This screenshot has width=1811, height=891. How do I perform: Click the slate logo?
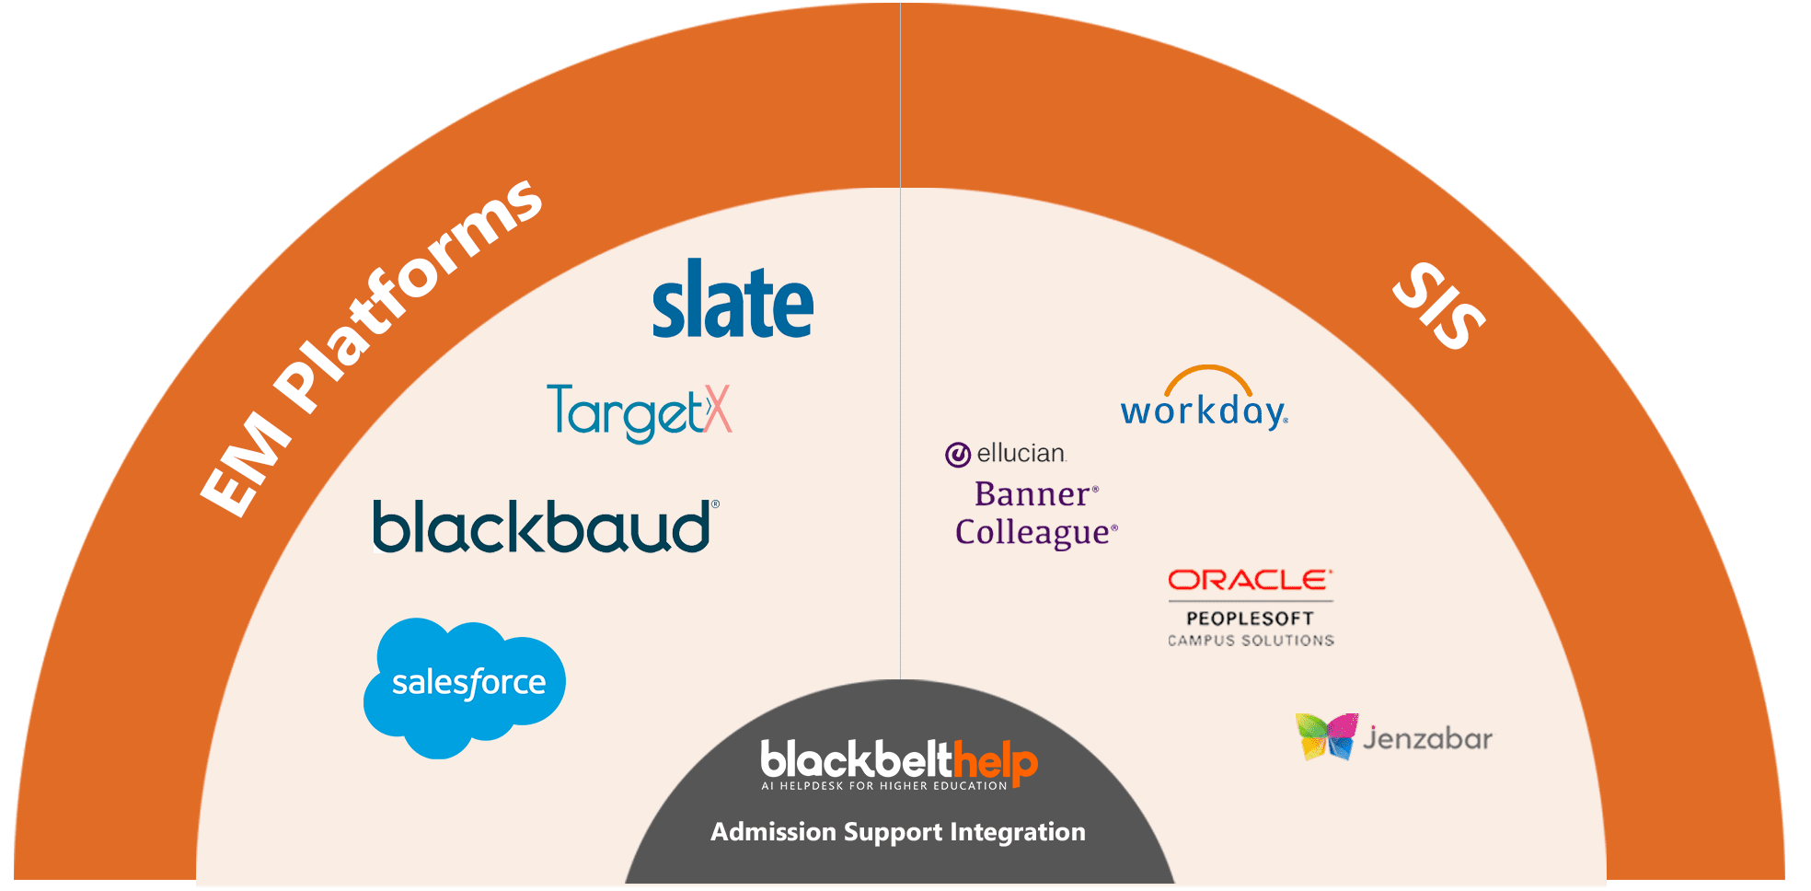732,301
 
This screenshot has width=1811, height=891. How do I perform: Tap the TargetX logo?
639,412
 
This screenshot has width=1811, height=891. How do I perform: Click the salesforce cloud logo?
465,686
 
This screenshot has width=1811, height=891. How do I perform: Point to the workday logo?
1204,405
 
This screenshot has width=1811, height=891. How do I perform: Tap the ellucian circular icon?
958,455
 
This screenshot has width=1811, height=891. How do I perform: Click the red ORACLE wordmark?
1249,580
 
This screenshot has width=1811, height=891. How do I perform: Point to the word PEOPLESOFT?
1250,619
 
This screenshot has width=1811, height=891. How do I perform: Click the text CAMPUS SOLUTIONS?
1250,641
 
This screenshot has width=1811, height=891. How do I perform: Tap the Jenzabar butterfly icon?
1326,736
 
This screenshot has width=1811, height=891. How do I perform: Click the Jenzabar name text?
1427,738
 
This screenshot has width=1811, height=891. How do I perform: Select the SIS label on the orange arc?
1439,306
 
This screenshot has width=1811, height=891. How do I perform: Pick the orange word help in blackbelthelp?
996,762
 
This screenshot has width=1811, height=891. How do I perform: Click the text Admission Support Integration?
897,832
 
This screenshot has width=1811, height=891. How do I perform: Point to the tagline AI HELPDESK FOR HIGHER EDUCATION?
884,786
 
